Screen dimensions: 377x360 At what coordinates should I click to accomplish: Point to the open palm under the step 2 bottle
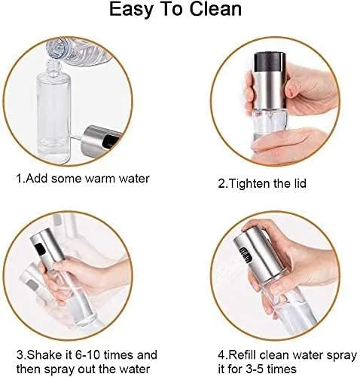pos(291,143)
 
